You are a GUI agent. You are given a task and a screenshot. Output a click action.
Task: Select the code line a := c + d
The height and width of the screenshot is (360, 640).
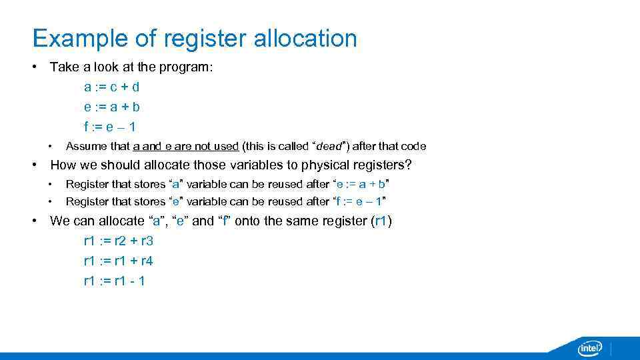click(x=111, y=87)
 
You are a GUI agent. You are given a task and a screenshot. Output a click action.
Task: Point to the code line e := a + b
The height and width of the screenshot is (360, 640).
click(x=111, y=107)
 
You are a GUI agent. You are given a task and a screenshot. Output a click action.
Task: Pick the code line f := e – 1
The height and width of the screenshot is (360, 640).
click(x=110, y=127)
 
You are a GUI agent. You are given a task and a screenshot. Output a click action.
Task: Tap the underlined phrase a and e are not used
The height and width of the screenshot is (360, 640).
click(x=186, y=147)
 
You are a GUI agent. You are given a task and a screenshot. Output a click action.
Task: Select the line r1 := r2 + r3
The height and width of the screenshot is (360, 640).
click(x=118, y=241)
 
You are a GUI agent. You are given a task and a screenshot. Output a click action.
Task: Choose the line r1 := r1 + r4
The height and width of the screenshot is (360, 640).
click(x=118, y=261)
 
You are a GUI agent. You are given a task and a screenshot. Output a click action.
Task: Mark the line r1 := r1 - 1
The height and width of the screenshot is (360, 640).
click(x=114, y=281)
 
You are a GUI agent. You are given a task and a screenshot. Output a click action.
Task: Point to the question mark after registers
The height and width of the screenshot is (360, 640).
click(x=408, y=165)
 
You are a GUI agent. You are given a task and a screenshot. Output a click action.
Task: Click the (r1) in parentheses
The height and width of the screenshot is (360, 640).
click(x=381, y=221)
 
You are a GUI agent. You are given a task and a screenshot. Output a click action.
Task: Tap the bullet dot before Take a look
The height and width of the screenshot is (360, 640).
click(x=35, y=67)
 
